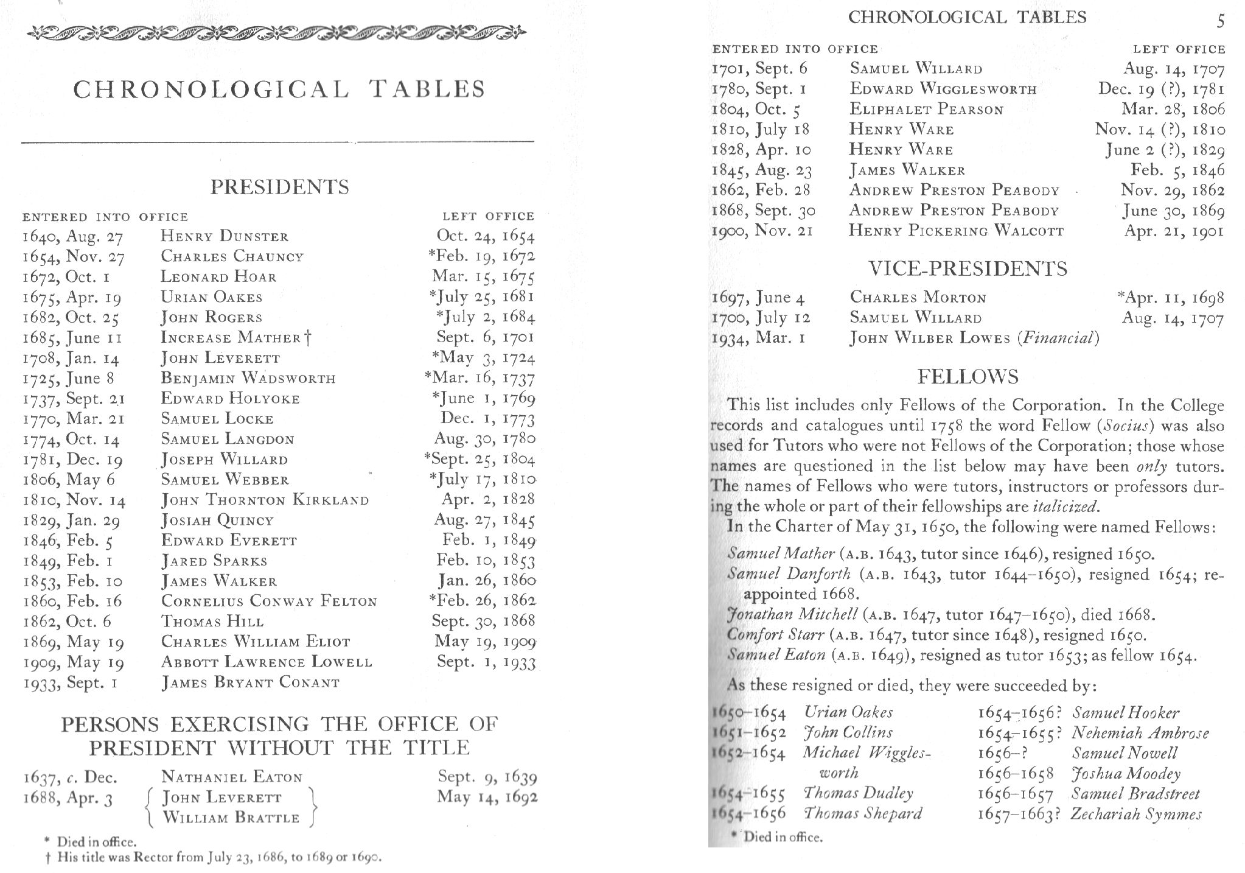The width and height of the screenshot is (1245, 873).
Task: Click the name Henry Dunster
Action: tap(225, 236)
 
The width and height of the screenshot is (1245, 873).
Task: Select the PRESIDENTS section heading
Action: tap(280, 187)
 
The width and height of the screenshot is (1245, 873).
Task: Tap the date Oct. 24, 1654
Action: tap(486, 236)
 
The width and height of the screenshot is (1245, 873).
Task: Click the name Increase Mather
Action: tap(231, 337)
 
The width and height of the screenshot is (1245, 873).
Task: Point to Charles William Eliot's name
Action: tap(256, 642)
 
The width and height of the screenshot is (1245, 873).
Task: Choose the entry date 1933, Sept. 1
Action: tap(71, 682)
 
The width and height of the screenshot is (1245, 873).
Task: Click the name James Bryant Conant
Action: tap(250, 682)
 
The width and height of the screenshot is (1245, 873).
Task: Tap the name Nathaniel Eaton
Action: tap(232, 777)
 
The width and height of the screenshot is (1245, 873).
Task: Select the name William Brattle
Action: tap(231, 818)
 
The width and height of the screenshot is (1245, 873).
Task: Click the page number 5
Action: tap(1220, 21)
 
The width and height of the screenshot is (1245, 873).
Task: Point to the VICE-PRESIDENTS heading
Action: tap(968, 268)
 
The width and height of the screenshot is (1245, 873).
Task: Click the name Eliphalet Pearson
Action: tap(927, 110)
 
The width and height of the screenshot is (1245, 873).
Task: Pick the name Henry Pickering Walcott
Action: tap(957, 231)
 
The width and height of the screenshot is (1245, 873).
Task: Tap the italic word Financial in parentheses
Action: tap(1058, 338)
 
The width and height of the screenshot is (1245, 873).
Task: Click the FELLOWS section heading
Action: tap(968, 377)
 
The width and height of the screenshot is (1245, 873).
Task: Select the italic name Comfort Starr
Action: tap(775, 635)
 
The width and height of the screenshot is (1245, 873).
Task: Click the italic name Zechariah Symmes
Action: tap(1136, 814)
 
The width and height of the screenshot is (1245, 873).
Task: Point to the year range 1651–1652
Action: tap(749, 732)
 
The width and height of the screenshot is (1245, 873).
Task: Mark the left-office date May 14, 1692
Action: tap(487, 797)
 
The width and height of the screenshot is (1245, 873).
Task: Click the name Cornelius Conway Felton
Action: tap(269, 601)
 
